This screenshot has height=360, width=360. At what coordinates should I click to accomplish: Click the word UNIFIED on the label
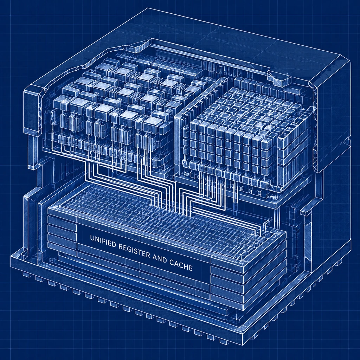tap(103, 242)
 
